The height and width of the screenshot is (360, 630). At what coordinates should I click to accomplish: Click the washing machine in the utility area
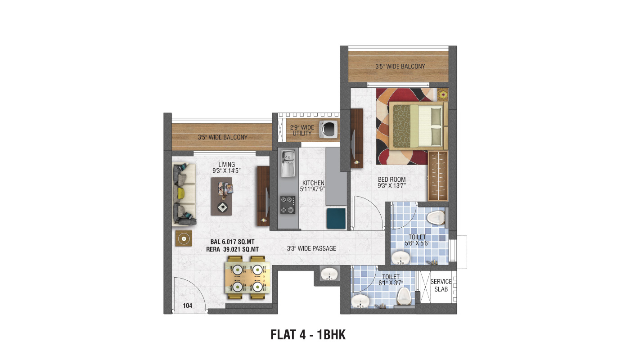coord(328,130)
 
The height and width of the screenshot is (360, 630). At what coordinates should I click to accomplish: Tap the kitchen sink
coord(288,163)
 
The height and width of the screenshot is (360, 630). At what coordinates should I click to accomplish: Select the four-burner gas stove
coord(288,205)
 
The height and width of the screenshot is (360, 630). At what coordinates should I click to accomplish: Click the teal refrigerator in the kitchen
coord(336,219)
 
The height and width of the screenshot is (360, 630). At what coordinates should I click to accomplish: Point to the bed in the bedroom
coord(418,126)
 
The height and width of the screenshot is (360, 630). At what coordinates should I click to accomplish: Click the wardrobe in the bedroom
coord(438,176)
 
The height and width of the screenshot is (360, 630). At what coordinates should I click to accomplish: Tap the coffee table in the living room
coord(221,196)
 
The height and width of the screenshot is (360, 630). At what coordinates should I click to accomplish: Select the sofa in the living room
coord(184,194)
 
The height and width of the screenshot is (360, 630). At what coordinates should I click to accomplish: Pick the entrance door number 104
coord(188,306)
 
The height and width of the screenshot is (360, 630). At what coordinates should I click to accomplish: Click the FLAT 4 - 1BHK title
coord(308,335)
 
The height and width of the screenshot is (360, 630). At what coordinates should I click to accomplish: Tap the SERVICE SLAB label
coord(441,285)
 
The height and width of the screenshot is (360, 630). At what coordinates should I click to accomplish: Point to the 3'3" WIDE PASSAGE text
coord(311,248)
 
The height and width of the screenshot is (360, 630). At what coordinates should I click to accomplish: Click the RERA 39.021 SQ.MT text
coord(232,249)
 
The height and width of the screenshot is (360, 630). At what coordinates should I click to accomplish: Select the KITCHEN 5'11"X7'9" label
coord(313,186)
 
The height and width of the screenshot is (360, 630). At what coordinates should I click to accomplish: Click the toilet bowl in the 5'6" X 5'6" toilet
coord(436,218)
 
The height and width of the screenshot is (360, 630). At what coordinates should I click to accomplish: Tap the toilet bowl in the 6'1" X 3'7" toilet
coord(404,297)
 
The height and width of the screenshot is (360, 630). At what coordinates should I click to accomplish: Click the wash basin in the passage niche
coord(329,274)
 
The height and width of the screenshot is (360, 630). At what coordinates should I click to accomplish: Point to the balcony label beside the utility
coord(222,137)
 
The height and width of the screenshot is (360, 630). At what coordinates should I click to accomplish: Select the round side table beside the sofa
coord(184,238)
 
